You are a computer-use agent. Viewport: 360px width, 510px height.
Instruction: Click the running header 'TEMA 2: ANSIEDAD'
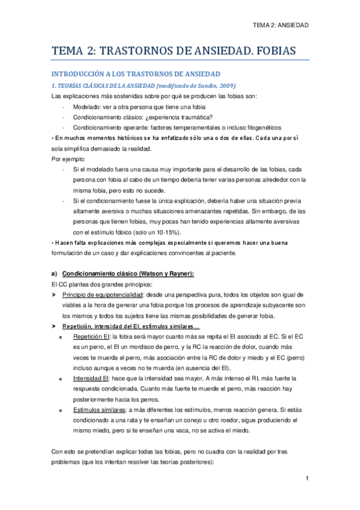[x=281, y=26]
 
